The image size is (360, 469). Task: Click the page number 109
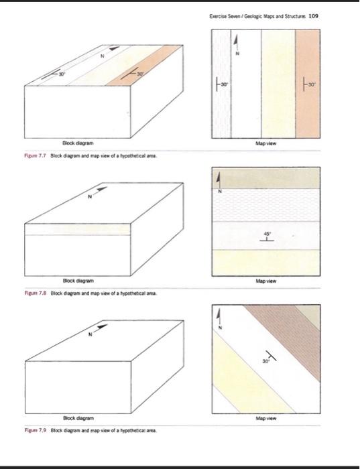pyautogui.click(x=313, y=16)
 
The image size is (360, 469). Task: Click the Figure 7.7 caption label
pyautogui.click(x=35, y=155)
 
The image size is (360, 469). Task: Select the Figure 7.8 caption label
pyautogui.click(x=36, y=293)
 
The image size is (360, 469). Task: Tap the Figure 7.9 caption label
pyautogui.click(x=36, y=430)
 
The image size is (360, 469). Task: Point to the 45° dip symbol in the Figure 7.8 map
pyautogui.click(x=266, y=237)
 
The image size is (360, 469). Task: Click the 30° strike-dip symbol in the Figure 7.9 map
pyautogui.click(x=269, y=356)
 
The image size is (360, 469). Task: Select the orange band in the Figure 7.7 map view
pyautogui.click(x=308, y=84)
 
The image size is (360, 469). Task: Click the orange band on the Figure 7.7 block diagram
pyautogui.click(x=145, y=66)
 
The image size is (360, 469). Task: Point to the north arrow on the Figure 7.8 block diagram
pyautogui.click(x=98, y=192)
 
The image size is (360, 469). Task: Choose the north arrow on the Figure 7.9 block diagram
pyautogui.click(x=98, y=330)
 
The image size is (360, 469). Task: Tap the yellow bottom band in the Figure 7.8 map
pyautogui.click(x=266, y=263)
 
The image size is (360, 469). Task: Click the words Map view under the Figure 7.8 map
pyautogui.click(x=266, y=281)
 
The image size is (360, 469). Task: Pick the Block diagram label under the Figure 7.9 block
pyautogui.click(x=78, y=418)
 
